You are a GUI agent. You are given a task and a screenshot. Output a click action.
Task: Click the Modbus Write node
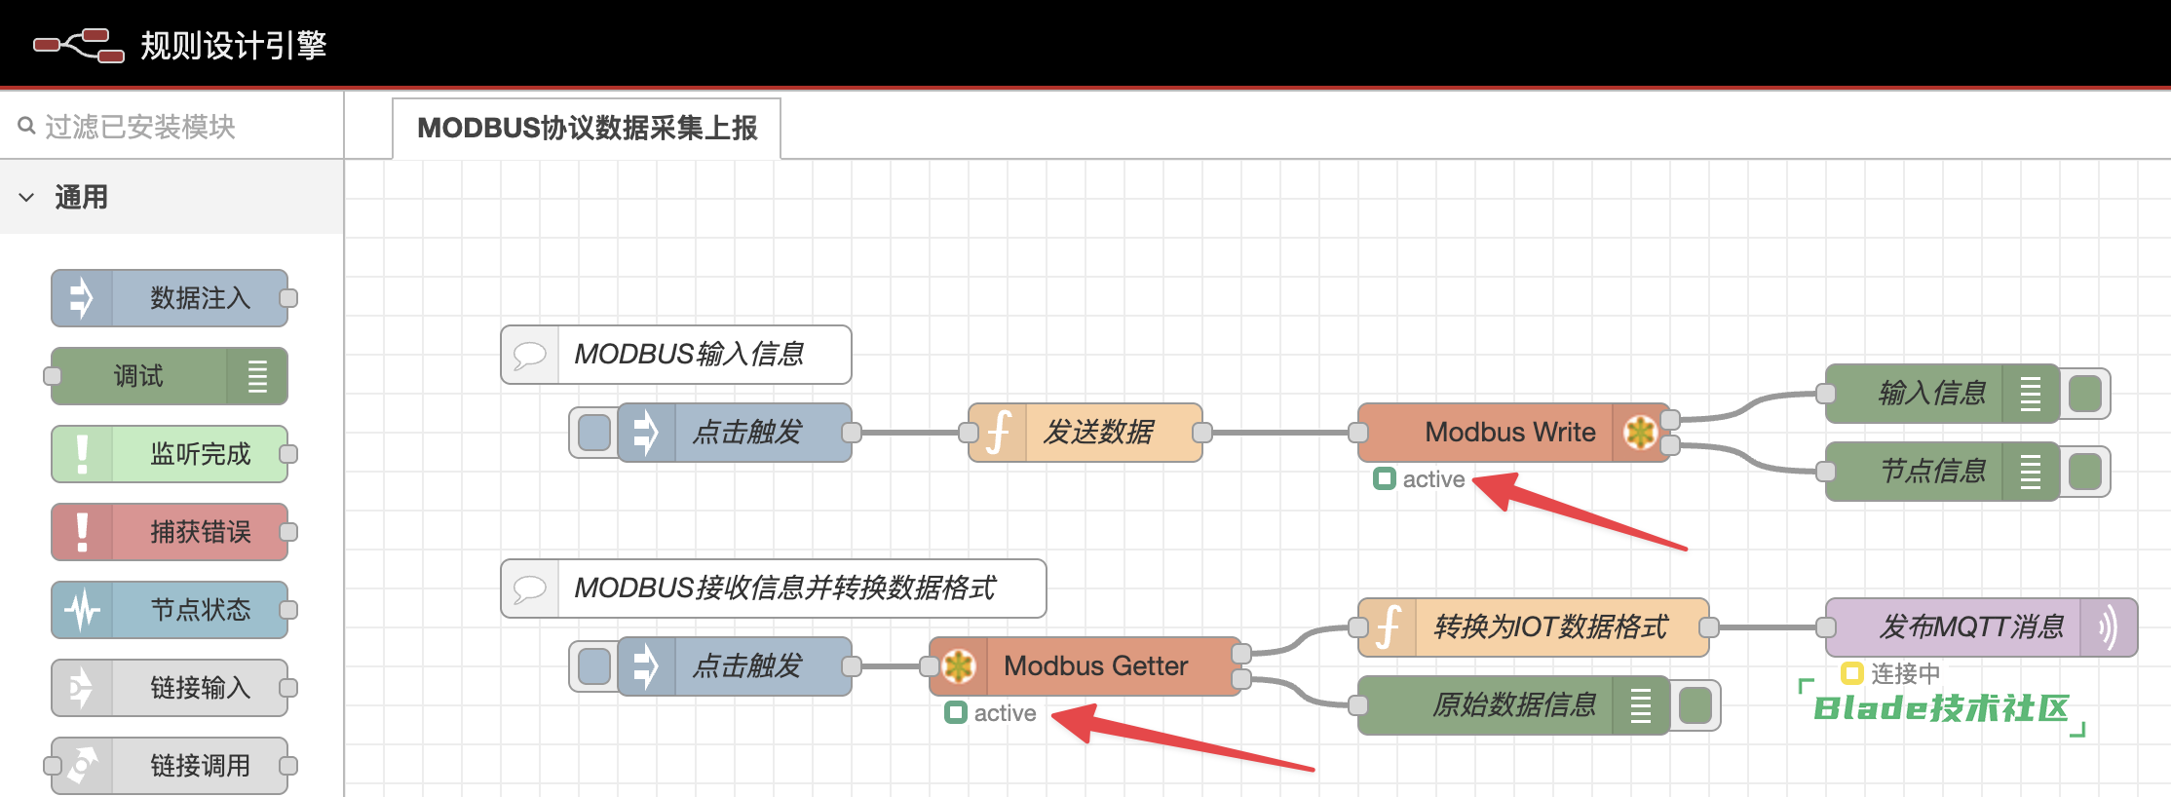1509,432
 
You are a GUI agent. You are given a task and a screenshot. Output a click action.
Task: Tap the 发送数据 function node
1097,432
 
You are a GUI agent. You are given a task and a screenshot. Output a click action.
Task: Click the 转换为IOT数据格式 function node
1549,626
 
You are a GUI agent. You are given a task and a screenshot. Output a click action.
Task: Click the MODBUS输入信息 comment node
688,354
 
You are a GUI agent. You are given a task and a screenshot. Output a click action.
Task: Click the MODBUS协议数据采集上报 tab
587,128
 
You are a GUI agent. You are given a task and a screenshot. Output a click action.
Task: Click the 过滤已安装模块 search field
175,127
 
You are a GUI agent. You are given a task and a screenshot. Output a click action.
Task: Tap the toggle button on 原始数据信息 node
1695,705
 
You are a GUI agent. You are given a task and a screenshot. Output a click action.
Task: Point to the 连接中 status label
1904,673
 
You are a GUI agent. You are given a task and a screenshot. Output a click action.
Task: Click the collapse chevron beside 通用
26,197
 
